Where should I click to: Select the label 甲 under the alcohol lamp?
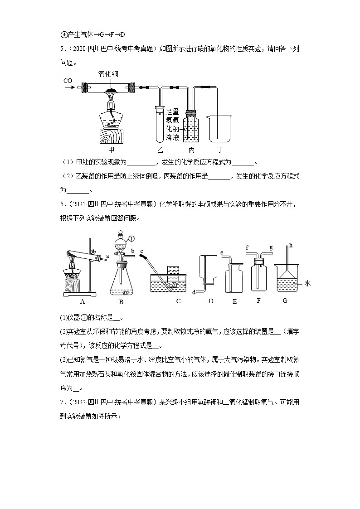click(111, 149)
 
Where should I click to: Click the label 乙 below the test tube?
click(160, 149)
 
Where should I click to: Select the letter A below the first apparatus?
click(83, 301)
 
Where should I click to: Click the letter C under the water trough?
click(178, 301)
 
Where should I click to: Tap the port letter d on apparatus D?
click(194, 292)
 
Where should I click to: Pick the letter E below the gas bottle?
click(234, 301)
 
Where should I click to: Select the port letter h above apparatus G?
click(291, 245)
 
